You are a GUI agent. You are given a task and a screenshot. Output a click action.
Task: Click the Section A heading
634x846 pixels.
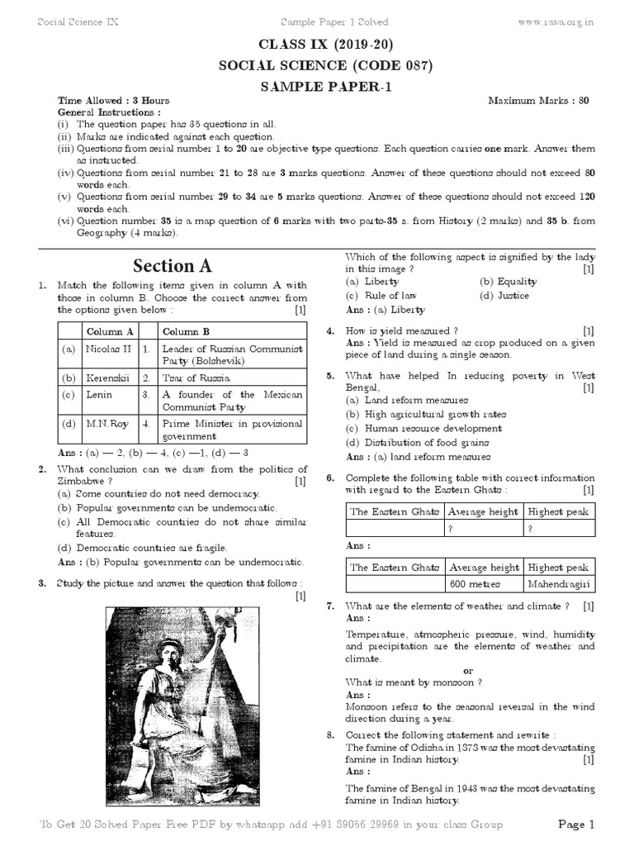173,265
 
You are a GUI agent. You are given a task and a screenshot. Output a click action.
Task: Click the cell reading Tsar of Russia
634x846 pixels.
196,377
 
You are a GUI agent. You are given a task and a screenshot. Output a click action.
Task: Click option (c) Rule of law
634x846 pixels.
376,296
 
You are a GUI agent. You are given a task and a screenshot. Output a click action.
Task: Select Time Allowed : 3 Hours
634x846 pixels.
113,101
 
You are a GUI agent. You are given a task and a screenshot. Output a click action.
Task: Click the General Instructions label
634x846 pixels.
109,112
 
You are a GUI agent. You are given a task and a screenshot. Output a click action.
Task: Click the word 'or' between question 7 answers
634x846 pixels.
469,671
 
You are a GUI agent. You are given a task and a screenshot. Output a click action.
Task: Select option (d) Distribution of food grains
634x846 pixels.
417,443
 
